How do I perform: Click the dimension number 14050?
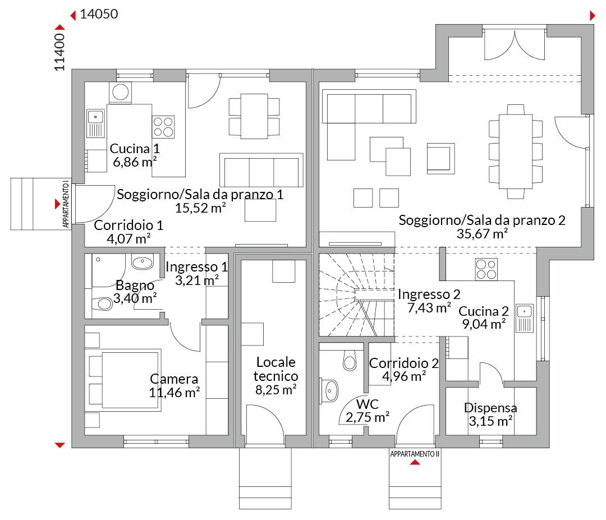99,14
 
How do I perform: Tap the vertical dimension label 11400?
59,52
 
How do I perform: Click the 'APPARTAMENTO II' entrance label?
415,454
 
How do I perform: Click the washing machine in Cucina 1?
120,93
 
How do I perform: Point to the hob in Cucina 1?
163,127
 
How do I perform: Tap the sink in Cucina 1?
95,123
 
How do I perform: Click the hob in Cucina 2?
486,269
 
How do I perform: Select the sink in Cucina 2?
525,318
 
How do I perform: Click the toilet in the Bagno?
102,303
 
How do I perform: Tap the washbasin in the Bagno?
143,262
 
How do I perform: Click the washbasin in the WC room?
329,390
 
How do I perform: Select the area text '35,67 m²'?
483,234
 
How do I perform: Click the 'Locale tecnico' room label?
276,369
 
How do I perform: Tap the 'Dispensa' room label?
490,408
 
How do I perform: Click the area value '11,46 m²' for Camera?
175,393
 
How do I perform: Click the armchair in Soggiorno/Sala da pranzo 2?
440,158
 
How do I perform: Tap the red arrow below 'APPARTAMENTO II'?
415,462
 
